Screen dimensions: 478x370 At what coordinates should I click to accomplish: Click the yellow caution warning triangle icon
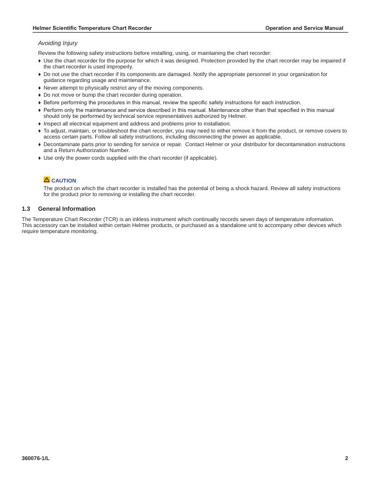point(47,180)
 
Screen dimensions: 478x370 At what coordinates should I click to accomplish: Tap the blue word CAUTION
point(64,181)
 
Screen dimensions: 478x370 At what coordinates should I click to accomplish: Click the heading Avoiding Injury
point(58,43)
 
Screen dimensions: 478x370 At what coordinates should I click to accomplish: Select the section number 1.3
point(26,209)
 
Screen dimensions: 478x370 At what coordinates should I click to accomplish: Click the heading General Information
point(66,209)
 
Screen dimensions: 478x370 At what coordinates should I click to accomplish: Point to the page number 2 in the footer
point(346,458)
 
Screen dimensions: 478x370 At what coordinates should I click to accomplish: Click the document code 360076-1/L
point(35,458)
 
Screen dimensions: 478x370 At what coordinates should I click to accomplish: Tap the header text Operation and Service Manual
point(304,28)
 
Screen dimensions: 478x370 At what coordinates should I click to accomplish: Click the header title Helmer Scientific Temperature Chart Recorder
point(92,28)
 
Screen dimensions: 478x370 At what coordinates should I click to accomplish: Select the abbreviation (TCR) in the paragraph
point(110,219)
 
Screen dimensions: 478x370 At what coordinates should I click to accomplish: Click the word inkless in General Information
point(142,219)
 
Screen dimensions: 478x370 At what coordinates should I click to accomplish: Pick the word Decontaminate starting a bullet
point(60,144)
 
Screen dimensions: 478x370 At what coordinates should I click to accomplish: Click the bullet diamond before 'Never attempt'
point(40,88)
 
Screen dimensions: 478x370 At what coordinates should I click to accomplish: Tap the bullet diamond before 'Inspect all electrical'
point(40,124)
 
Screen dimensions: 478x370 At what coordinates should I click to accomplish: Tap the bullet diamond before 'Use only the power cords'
point(40,158)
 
